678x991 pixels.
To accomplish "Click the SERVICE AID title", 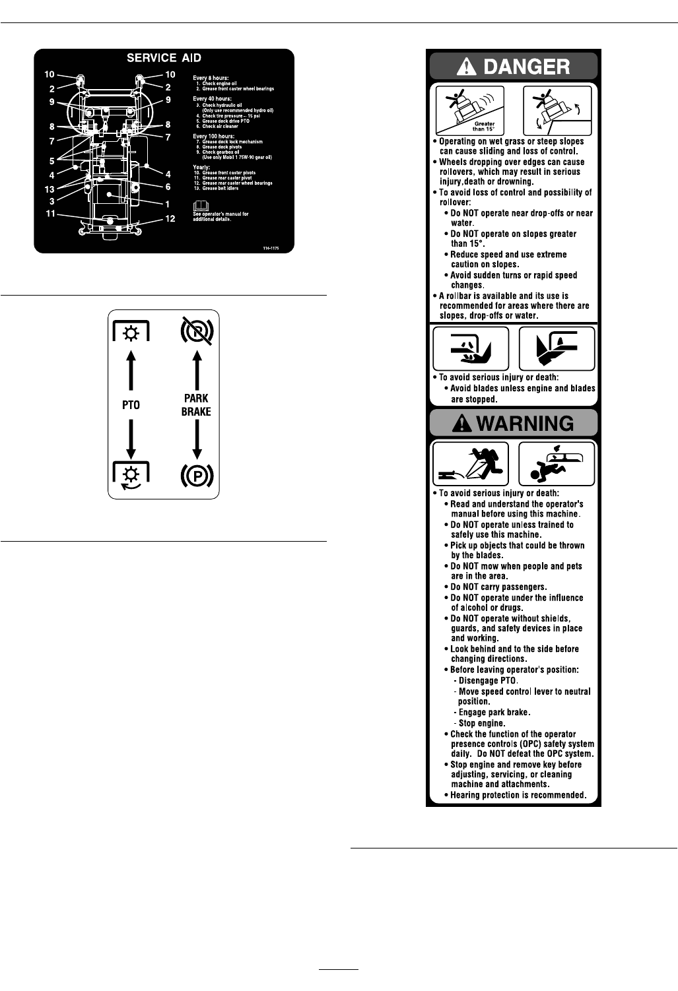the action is (164, 59).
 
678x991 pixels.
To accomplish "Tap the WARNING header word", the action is (525, 423).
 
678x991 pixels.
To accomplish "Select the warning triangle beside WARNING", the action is (463, 423).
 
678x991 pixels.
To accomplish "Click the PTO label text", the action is (131, 405).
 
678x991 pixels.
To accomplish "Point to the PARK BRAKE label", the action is (196, 405).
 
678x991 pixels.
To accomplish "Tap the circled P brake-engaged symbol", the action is (196, 476).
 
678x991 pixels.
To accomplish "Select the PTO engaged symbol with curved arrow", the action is (131, 476).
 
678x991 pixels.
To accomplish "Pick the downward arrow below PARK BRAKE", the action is (196, 439).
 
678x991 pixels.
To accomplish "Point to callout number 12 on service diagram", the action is (170, 218).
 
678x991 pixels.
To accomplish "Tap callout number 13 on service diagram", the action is (50, 189).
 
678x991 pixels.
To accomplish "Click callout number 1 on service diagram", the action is (168, 204).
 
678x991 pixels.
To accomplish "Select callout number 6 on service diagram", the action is (168, 187).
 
